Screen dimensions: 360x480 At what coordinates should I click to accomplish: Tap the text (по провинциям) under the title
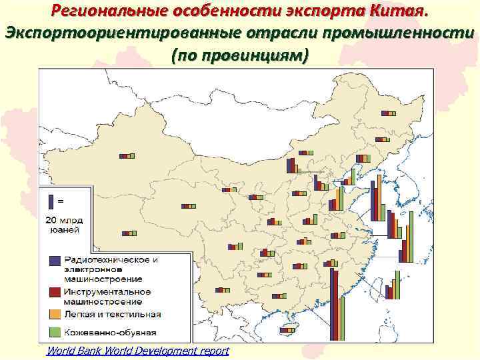[x=239, y=55]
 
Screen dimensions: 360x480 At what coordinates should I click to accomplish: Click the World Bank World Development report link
[x=137, y=351]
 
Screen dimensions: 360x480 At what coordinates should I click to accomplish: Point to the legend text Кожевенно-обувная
[x=110, y=331]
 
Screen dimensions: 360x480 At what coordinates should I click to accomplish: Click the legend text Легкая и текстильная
[x=112, y=314]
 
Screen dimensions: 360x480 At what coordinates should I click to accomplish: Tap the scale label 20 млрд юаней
[x=63, y=225]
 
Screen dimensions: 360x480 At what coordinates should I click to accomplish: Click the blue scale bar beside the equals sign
[x=52, y=200]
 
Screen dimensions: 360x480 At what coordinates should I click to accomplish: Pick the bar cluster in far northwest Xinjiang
[x=127, y=156]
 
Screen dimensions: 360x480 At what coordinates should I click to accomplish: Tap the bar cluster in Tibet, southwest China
[x=129, y=233]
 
